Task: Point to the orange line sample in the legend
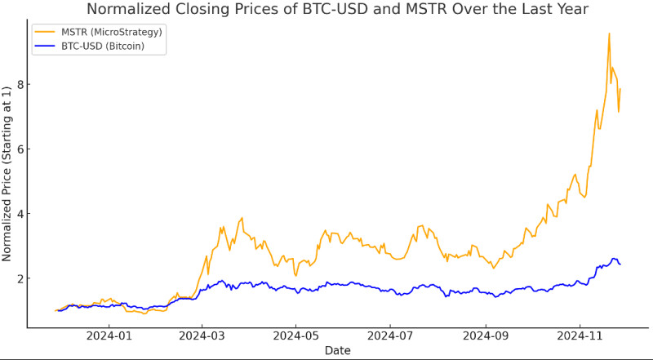46,31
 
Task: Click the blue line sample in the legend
46,46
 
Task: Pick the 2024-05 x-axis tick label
296,335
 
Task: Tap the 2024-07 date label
391,335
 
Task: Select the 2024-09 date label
486,335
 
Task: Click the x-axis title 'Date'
338,350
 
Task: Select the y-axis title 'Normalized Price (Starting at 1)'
7,176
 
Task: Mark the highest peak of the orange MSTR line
609,33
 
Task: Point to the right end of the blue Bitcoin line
620,264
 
